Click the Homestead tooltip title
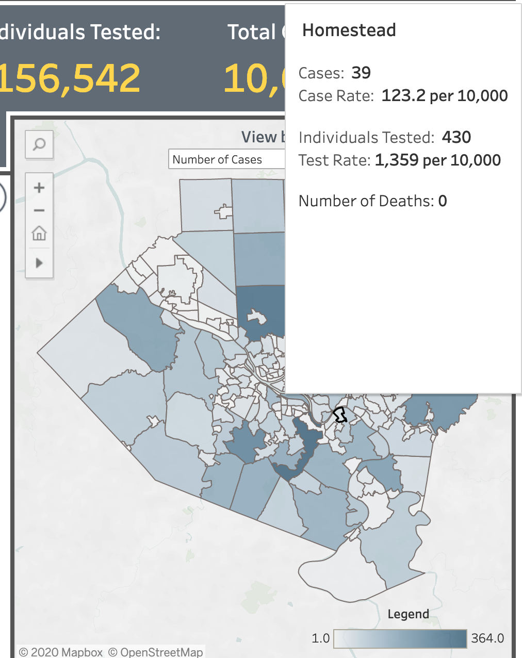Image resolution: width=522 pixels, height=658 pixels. click(x=349, y=30)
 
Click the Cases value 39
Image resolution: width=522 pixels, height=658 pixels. click(x=361, y=73)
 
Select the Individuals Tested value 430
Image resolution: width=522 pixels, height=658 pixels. click(x=456, y=137)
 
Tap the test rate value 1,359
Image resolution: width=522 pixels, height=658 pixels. click(x=397, y=160)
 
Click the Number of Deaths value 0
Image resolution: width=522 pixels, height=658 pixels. click(x=443, y=201)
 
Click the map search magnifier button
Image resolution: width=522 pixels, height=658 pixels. click(x=39, y=144)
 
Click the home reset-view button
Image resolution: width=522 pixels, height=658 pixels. click(x=39, y=234)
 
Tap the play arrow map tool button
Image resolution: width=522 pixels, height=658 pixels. click(x=39, y=263)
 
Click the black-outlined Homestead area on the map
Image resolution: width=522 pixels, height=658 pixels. click(x=339, y=415)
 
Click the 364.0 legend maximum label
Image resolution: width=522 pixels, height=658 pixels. click(x=487, y=638)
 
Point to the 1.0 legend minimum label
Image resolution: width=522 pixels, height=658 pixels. click(x=320, y=638)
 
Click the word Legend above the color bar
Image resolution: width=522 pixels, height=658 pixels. click(x=408, y=614)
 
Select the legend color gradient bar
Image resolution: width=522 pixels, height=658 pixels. click(x=400, y=639)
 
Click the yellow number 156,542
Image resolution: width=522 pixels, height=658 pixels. click(x=70, y=78)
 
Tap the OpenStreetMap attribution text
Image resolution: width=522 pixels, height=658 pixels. click(x=156, y=652)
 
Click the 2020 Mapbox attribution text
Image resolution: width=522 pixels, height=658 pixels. click(x=61, y=652)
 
